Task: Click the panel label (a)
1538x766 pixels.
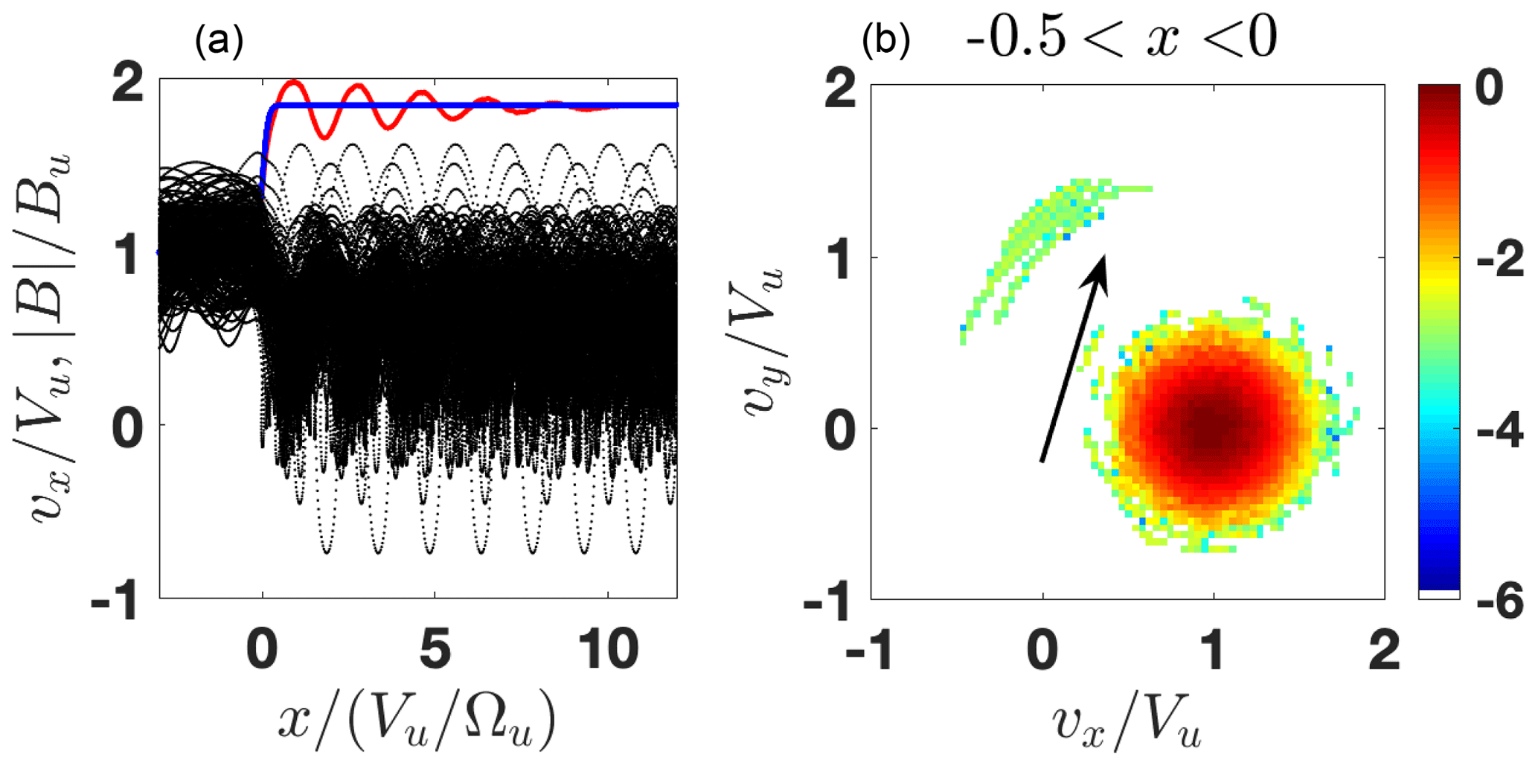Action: pyautogui.click(x=219, y=42)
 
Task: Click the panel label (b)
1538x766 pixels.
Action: pyautogui.click(x=885, y=42)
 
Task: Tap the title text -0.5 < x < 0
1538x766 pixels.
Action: pyautogui.click(x=1121, y=37)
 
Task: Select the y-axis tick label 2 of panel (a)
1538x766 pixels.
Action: pyautogui.click(x=128, y=83)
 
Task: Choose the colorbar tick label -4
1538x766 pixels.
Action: pyautogui.click(x=1499, y=432)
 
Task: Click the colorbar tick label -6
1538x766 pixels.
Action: pyautogui.click(x=1499, y=601)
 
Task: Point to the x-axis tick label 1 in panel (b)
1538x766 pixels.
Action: pyautogui.click(x=1214, y=650)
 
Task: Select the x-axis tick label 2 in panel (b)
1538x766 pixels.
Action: pyautogui.click(x=1384, y=650)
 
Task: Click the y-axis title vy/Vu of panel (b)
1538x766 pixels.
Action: pyautogui.click(x=763, y=342)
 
